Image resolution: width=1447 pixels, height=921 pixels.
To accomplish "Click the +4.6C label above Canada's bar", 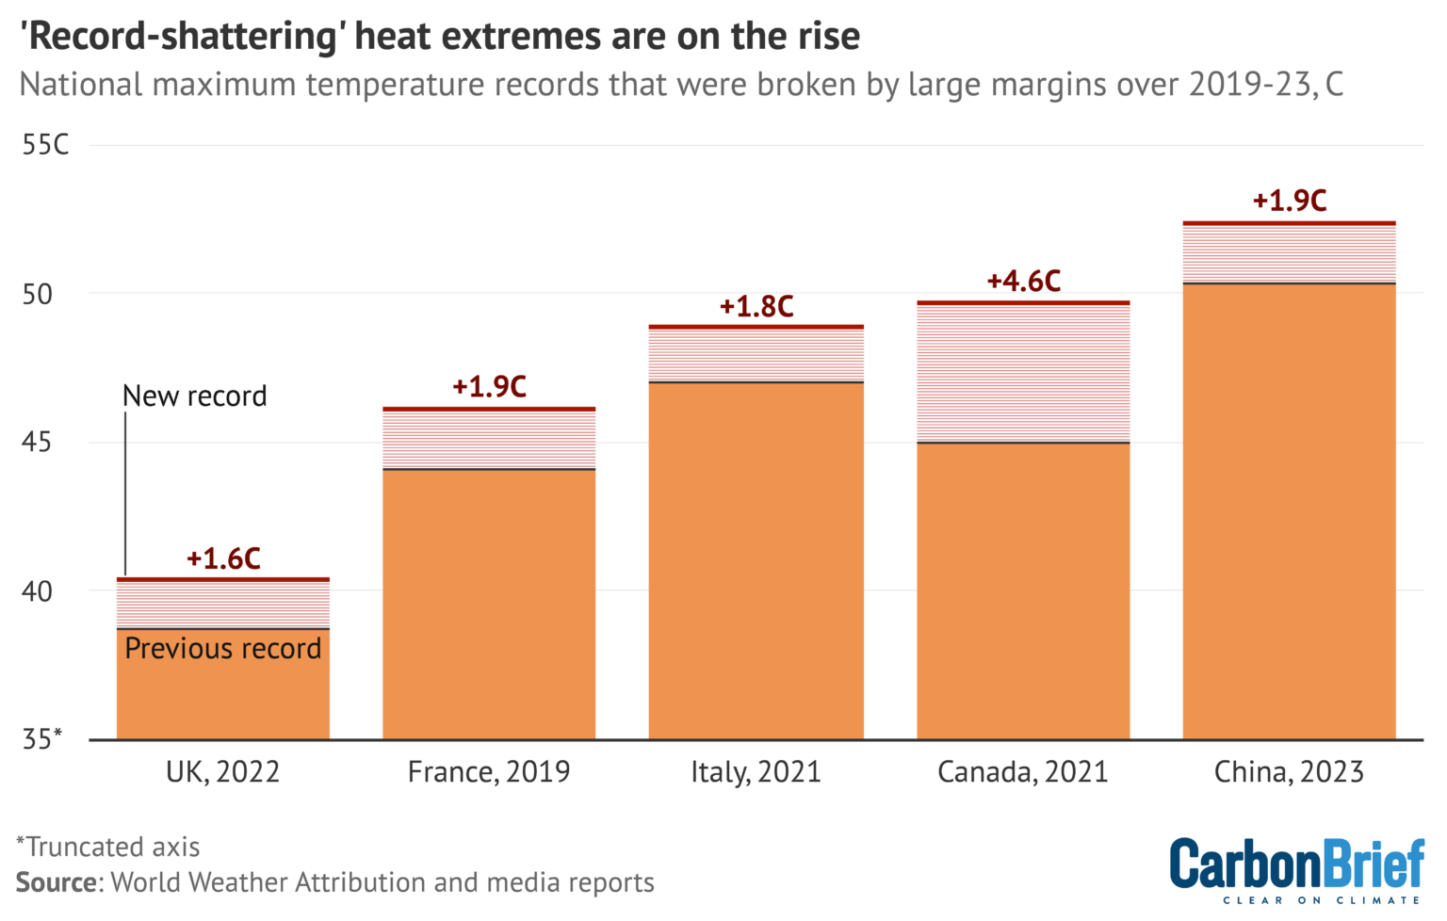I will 1023,281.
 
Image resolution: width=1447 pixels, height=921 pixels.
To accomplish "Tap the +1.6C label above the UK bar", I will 223,558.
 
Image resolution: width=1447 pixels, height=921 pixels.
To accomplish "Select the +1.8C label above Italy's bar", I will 756,306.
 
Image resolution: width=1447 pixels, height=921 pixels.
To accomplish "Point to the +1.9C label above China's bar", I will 1289,201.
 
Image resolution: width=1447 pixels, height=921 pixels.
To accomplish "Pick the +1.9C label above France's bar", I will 489,387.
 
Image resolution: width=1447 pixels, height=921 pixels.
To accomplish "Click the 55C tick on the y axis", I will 45,145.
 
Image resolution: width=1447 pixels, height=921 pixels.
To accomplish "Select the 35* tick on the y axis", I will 41,739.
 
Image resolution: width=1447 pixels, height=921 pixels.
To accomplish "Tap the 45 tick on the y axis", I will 37,442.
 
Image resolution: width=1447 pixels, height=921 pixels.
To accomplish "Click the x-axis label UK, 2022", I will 223,772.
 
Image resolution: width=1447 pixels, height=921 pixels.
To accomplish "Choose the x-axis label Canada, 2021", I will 1023,772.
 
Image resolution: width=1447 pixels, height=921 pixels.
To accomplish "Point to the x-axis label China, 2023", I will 1289,772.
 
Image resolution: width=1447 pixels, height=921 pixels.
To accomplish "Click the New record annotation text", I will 195,396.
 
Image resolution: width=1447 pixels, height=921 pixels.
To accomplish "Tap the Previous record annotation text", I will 223,649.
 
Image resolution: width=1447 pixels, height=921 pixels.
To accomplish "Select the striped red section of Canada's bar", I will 1023,373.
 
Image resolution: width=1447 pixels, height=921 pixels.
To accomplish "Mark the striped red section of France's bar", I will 489,440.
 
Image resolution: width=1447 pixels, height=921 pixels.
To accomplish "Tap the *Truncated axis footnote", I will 108,847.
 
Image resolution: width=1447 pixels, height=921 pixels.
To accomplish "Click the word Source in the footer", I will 57,882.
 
